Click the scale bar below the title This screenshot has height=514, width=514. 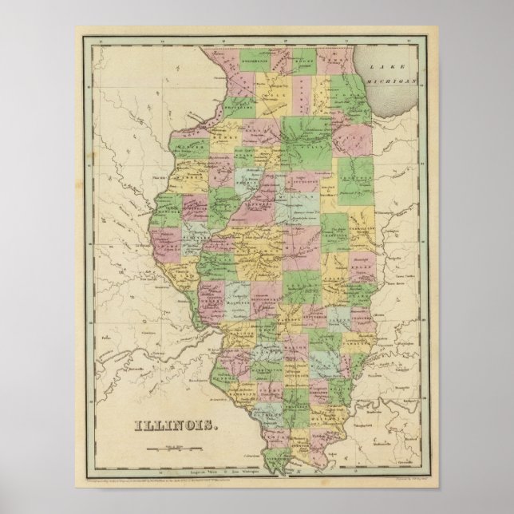(170, 447)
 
